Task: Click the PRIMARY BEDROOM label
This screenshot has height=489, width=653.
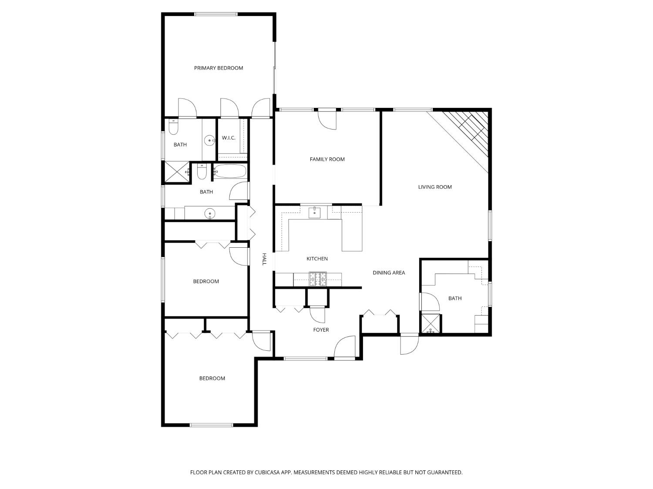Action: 219,68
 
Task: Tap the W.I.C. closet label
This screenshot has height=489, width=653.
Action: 229,138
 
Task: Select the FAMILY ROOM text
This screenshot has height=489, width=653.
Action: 327,160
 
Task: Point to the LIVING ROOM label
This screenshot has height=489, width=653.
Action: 434,187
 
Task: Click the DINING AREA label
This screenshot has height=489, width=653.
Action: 388,273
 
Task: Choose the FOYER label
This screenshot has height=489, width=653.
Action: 321,330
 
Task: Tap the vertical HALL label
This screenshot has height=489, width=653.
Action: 264,259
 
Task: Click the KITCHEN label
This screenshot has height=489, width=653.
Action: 317,259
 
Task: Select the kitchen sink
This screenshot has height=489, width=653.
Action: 314,213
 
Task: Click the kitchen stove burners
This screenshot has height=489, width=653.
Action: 317,279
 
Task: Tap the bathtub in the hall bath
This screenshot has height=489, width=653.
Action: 230,171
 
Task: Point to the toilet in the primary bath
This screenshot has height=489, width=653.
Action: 173,127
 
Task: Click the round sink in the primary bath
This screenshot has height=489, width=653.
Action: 210,140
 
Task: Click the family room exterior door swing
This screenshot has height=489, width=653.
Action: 327,120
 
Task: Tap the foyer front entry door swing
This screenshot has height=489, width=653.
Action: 344,348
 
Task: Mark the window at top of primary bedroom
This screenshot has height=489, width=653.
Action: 216,14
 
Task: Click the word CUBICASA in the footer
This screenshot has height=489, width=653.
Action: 267,472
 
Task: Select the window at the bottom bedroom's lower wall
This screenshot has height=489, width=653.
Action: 211,425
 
